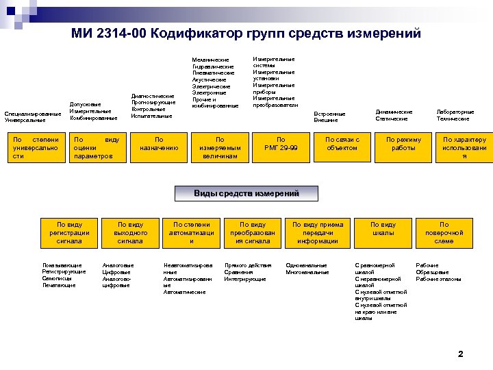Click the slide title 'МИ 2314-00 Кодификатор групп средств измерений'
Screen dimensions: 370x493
[x=246, y=34]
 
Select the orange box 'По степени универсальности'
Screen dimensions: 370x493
[x=36, y=148]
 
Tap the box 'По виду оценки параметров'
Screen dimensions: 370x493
[x=100, y=148]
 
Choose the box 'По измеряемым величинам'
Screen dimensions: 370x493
[x=220, y=148]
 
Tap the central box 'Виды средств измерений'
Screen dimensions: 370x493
[x=246, y=194]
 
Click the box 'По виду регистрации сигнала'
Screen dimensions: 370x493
[x=69, y=232]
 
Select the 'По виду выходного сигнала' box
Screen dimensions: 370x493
[x=130, y=232]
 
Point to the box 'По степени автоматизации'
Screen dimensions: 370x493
[x=192, y=232]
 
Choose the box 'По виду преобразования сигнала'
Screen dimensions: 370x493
[x=253, y=232]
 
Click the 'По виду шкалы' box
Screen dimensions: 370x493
[x=383, y=232]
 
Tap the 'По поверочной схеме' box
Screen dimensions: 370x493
[x=444, y=232]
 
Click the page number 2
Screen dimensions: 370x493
[x=460, y=354]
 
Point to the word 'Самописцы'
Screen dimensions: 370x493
[x=55, y=279]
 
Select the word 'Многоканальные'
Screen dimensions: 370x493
[x=307, y=272]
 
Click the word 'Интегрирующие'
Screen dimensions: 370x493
[x=245, y=279]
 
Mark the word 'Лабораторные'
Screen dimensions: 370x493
[x=455, y=112]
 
